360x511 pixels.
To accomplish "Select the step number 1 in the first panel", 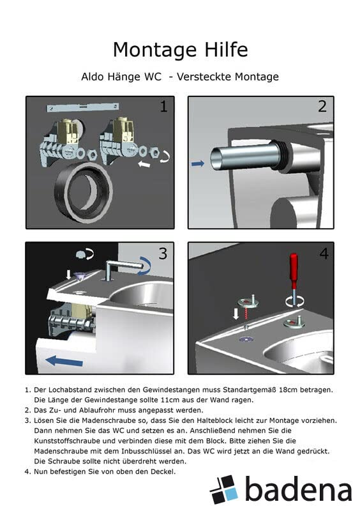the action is pos(164,106).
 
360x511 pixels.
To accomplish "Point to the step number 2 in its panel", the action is pos(322,106).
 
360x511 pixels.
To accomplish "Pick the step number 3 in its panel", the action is pos(163,253).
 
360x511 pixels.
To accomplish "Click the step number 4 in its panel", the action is pos(324,253).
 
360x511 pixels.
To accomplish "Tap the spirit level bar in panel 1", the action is pos(83,107).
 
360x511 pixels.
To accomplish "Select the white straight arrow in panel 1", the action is pos(144,164).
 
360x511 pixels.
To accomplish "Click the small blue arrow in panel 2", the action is pos(198,164).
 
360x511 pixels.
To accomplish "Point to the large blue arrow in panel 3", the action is pos(64,361).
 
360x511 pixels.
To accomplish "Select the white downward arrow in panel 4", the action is pos(236,314).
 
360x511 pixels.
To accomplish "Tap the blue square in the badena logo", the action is pos(231,493).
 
